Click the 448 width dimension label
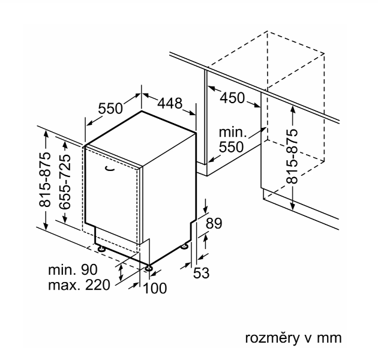(x=170, y=104)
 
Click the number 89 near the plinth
(x=214, y=223)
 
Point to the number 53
(x=201, y=273)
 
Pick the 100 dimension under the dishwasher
(x=155, y=289)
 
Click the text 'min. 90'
(x=73, y=270)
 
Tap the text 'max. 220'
(x=79, y=285)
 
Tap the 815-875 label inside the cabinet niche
(x=292, y=156)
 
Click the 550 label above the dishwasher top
(x=110, y=109)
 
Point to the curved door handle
(x=109, y=169)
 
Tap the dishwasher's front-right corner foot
(x=147, y=266)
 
